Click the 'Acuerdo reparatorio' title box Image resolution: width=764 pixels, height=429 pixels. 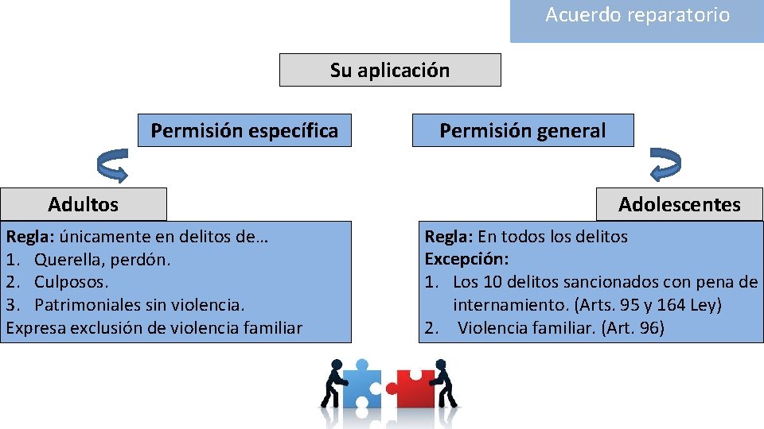[x=637, y=16]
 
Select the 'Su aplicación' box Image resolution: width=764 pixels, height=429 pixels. [x=390, y=70]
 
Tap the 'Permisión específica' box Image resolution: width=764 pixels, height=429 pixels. [x=244, y=130]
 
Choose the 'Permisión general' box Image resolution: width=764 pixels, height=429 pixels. [x=523, y=130]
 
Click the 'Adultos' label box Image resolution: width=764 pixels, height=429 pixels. [x=84, y=204]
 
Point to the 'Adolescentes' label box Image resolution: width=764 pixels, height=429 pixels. [x=680, y=204]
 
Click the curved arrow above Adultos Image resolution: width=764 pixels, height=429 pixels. [x=112, y=164]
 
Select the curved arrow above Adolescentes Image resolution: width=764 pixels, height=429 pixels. [x=665, y=164]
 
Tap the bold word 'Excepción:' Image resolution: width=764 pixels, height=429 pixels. [x=467, y=259]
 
